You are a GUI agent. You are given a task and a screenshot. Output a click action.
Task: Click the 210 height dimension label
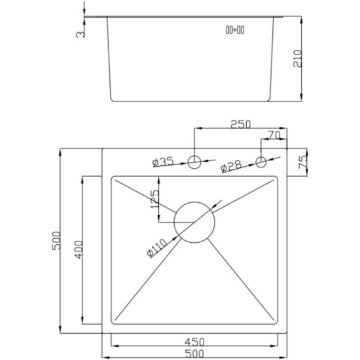tap(297, 58)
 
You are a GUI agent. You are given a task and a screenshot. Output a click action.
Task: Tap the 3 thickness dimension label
tap(80, 35)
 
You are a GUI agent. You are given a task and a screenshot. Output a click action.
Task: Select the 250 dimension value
tap(240, 124)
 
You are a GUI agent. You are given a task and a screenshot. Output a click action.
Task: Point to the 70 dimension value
tap(274, 135)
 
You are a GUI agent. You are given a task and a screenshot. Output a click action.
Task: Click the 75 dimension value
tap(302, 162)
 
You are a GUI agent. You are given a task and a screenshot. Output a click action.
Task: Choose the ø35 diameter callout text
tap(163, 162)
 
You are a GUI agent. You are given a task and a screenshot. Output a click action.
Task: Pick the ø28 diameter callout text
tap(231, 166)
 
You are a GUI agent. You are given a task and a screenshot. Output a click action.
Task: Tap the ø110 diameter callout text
tap(156, 247)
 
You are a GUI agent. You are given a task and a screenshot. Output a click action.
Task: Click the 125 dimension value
tap(154, 199)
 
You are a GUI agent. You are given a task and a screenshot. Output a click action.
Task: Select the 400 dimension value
tap(79, 249)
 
